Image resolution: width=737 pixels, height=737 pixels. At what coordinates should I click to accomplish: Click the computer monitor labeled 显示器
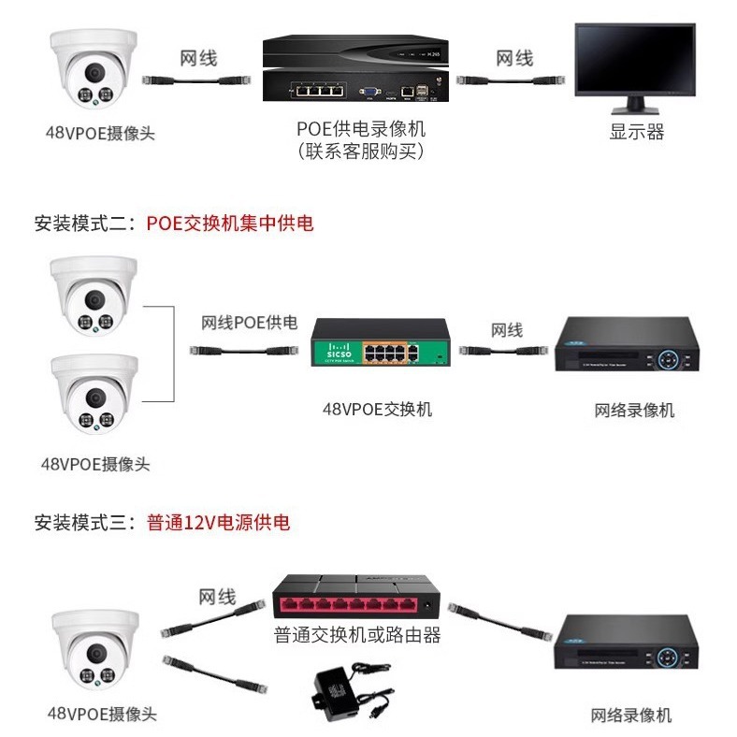(636, 64)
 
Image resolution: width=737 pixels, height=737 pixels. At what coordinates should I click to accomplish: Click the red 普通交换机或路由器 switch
(356, 599)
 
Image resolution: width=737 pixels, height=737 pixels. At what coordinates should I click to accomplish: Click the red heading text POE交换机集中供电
(229, 223)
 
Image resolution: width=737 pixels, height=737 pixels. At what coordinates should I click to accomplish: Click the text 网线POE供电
(249, 323)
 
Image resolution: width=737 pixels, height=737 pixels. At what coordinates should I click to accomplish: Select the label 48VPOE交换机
(377, 409)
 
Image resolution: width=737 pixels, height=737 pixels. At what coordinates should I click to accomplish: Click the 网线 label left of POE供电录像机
(198, 58)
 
